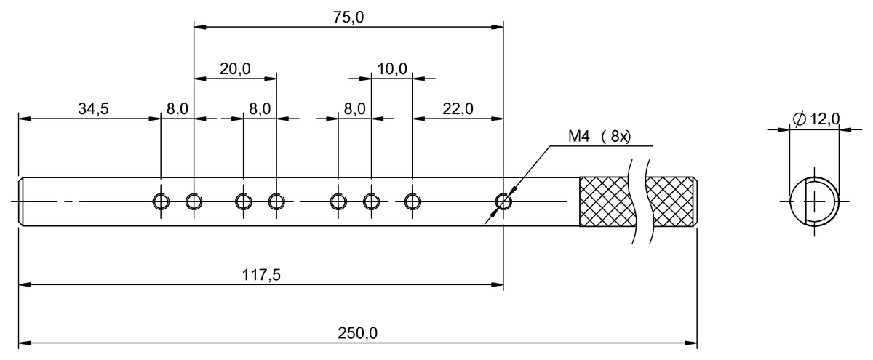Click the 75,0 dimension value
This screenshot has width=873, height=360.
tap(348, 18)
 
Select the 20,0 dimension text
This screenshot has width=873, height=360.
tap(235, 69)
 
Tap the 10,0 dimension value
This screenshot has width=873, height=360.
tap(392, 69)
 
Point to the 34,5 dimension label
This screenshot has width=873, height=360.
tap(93, 109)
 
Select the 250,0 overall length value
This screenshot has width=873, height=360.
tap(357, 333)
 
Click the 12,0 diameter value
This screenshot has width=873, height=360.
tap(824, 119)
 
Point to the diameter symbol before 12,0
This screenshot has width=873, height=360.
tap(798, 119)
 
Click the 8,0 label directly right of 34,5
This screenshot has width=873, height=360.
tap(177, 109)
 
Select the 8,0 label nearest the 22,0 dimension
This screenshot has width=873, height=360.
tap(354, 109)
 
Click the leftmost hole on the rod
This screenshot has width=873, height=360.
tap(160, 201)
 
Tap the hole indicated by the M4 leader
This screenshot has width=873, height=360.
tap(503, 201)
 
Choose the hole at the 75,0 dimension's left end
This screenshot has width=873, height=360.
tap(194, 201)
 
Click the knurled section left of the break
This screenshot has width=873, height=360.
tap(604, 201)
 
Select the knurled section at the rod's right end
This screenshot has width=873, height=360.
tap(671, 201)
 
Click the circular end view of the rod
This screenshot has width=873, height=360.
tap(814, 200)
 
